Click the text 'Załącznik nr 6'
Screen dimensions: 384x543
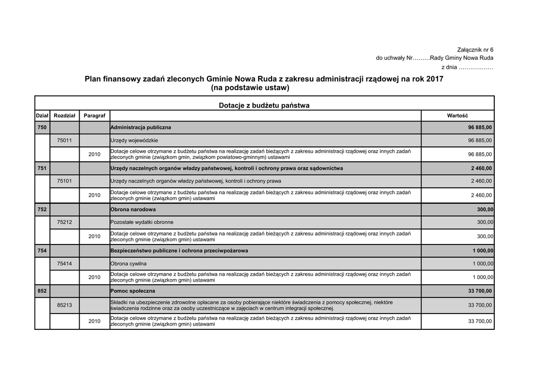pos(475,49)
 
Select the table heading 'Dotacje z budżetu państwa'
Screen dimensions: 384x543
pos(264,106)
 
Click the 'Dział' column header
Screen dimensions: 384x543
pos(42,116)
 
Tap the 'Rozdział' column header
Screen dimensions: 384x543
pos(65,116)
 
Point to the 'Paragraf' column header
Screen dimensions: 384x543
pos(94,116)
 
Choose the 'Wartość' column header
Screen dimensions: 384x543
pos(458,116)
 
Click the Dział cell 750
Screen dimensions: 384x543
pos(42,127)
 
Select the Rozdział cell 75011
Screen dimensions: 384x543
pos(65,141)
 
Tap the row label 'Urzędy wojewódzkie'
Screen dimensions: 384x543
pos(134,141)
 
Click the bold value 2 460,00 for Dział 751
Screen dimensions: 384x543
pos(481,168)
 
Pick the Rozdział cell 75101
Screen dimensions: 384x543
pos(65,181)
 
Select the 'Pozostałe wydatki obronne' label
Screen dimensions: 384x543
pos(142,222)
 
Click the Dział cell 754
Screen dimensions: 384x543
pos(42,250)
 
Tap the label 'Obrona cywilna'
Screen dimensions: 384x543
pos(128,264)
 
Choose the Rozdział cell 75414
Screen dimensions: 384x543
pos(65,264)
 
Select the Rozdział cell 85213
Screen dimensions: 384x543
pos(65,305)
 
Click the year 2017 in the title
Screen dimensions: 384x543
pos(435,79)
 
